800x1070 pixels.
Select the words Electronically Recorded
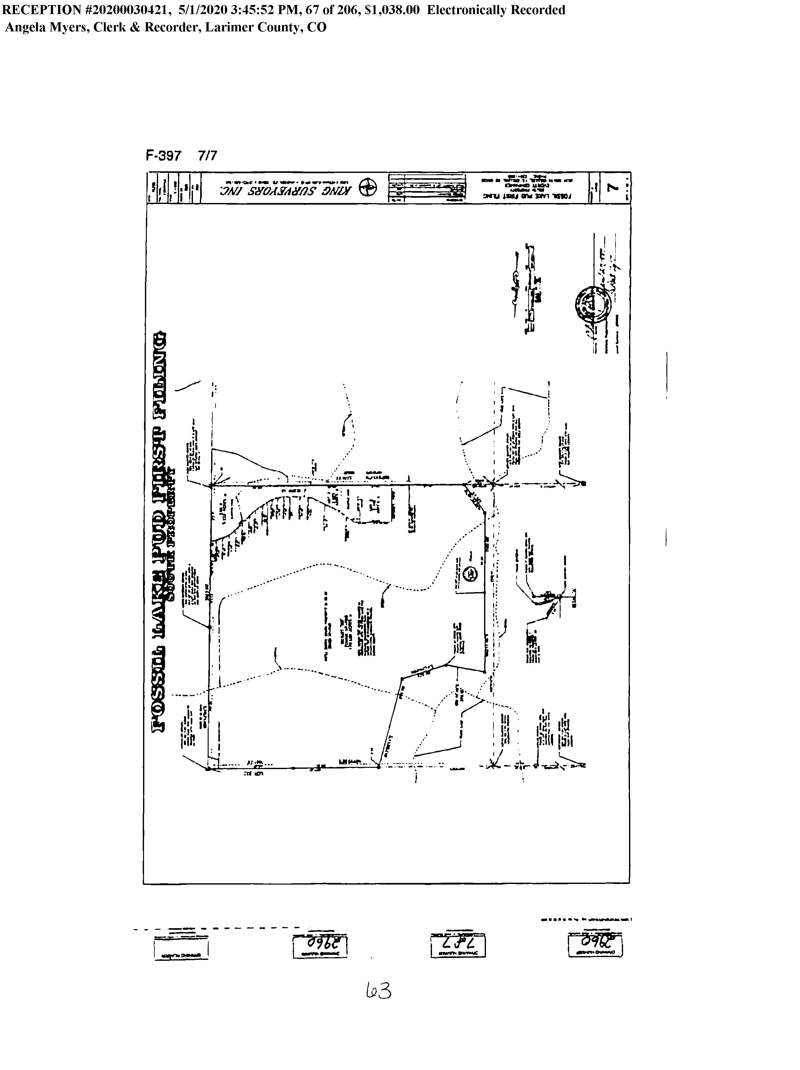496,10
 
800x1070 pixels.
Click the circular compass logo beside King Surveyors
369,188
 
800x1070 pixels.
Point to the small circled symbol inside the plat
470,574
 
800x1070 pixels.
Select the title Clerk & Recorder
145,27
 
